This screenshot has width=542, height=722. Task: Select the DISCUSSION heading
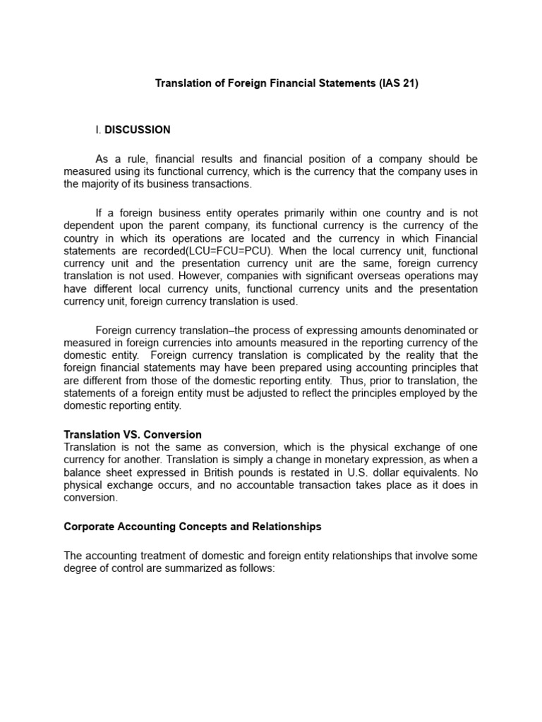(138, 130)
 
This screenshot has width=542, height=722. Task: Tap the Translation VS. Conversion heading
(133, 434)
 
